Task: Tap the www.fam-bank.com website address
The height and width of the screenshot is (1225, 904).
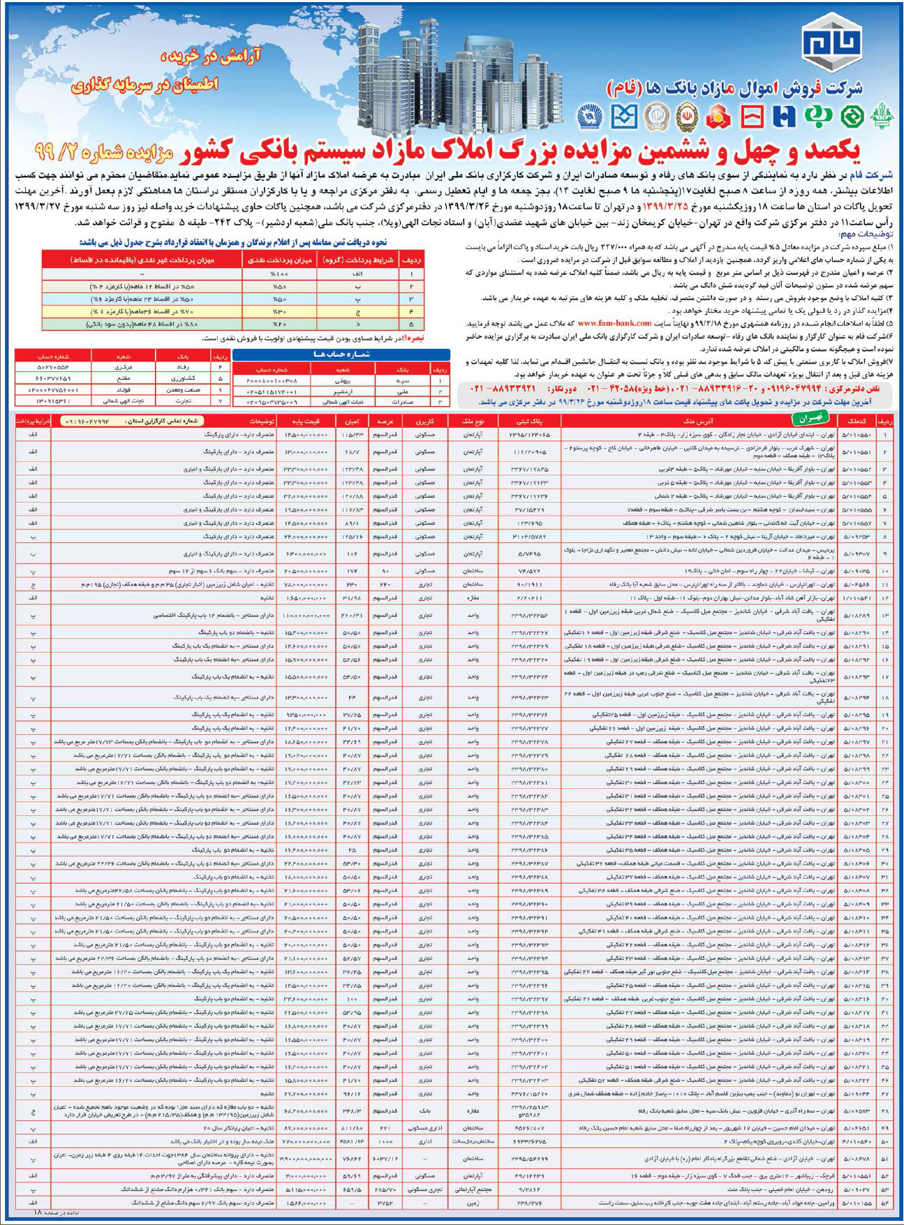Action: click(x=614, y=323)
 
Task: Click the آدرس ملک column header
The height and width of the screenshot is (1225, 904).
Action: click(x=698, y=422)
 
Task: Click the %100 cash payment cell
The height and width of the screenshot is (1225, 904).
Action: click(x=279, y=274)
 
